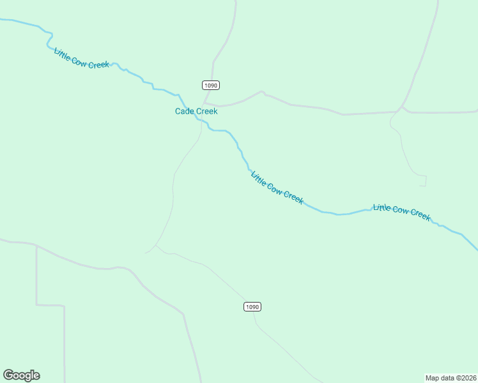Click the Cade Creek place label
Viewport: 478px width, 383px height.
196,111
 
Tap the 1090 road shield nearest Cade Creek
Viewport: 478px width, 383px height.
212,85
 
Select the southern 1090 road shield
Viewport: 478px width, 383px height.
252,307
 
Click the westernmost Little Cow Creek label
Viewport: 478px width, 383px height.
82,59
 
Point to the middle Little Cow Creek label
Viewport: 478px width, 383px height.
277,188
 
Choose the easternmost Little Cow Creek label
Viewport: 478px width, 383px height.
402,212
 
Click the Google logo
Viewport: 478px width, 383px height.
21,375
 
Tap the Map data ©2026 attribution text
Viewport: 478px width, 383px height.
451,377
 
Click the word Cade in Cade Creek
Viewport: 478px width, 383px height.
185,111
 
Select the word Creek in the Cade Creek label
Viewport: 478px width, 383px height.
206,111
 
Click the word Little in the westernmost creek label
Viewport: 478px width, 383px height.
63,54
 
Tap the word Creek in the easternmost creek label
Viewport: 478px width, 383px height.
420,214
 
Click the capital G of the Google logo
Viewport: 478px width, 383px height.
8,375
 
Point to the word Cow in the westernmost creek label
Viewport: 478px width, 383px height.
81,59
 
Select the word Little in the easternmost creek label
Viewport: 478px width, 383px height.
382,207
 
